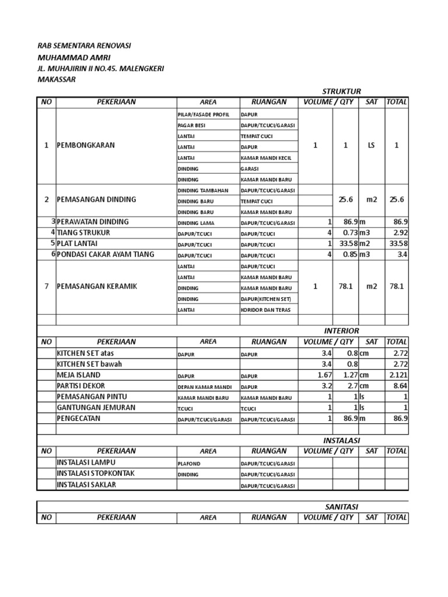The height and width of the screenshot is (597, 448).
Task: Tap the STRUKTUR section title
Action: point(342,91)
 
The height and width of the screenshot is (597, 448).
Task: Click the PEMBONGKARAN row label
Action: point(85,145)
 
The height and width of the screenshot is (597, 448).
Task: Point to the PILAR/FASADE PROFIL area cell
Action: point(204,114)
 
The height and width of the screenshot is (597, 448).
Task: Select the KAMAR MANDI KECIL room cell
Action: point(266,158)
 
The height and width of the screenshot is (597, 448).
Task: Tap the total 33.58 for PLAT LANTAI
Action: point(398,243)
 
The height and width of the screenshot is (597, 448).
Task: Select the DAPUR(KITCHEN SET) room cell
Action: point(265,298)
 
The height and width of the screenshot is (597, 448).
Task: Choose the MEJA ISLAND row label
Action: point(78,374)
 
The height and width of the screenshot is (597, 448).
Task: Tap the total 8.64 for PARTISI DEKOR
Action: point(400,385)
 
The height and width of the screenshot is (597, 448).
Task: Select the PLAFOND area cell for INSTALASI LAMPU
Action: point(189,463)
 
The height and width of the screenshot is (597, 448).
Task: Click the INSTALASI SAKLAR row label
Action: point(86,484)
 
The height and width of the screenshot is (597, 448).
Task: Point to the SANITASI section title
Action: point(341,507)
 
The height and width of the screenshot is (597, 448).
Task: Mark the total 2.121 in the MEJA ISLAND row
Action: point(399,374)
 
